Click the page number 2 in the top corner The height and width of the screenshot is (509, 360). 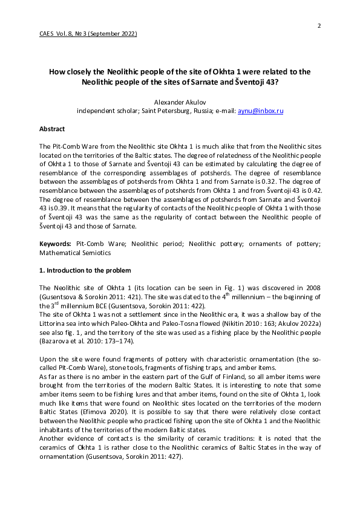[319, 25]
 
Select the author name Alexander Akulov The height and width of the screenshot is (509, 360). [180, 102]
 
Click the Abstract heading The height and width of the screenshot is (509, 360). [52, 129]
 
